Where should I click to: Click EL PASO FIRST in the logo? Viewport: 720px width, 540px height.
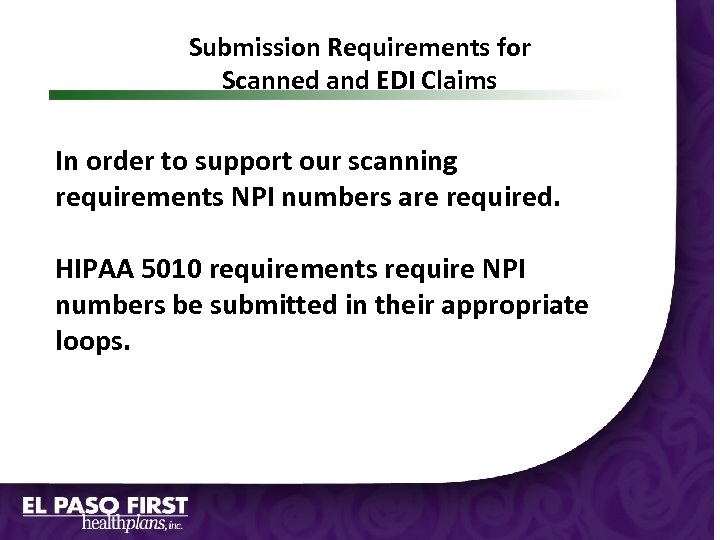click(x=106, y=505)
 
